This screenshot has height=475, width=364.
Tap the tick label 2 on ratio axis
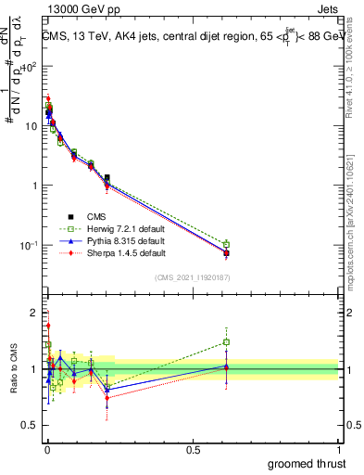point(34,311)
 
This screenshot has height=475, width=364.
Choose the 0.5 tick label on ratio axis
point(31,428)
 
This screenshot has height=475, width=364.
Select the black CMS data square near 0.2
point(107,177)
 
